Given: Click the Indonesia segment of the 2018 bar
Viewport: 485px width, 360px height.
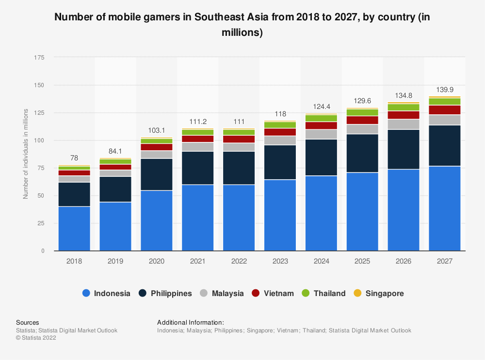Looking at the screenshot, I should tap(74, 229).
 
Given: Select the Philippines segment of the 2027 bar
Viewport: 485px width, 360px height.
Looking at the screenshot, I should tap(445, 146).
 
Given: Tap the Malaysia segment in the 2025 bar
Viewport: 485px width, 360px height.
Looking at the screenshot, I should tap(362, 129).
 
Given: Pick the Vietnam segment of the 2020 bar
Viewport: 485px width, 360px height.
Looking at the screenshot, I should tap(157, 147).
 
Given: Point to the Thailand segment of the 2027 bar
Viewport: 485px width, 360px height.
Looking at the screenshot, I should tap(445, 102).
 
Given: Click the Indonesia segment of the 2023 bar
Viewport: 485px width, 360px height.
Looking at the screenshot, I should tap(280, 215).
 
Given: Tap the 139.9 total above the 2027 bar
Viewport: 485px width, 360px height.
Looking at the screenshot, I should tap(445, 90).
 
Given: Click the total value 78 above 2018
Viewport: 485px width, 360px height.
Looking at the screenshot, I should tap(74, 158).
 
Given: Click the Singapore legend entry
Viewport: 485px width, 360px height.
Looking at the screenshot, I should tap(378, 293).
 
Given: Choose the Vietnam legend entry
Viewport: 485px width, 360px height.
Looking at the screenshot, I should tap(273, 293).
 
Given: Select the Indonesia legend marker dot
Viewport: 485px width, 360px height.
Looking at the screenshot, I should tap(86, 293).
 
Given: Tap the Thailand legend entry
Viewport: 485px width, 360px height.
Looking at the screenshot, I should tap(323, 293).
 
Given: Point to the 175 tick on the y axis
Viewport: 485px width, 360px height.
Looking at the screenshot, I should tap(39, 58).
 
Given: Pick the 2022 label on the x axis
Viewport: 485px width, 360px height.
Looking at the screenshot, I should tap(239, 261).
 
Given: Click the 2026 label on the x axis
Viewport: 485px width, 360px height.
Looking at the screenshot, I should tap(404, 261).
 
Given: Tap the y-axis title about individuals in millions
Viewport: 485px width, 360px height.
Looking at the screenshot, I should tap(25, 154).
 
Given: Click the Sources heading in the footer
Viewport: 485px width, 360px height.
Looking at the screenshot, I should tap(28, 322).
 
